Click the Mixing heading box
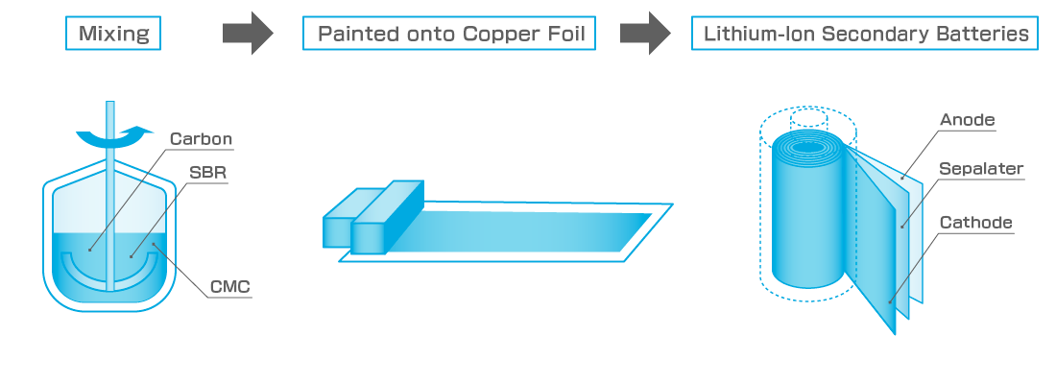click(x=113, y=35)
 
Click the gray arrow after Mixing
click(x=248, y=35)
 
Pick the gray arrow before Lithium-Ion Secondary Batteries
click(x=645, y=35)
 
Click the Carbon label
click(x=201, y=139)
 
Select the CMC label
click(x=231, y=285)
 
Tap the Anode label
click(x=968, y=120)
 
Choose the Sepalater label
click(x=981, y=170)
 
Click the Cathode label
click(x=976, y=223)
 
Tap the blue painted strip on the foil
click(x=538, y=230)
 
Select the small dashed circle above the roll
click(x=809, y=120)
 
